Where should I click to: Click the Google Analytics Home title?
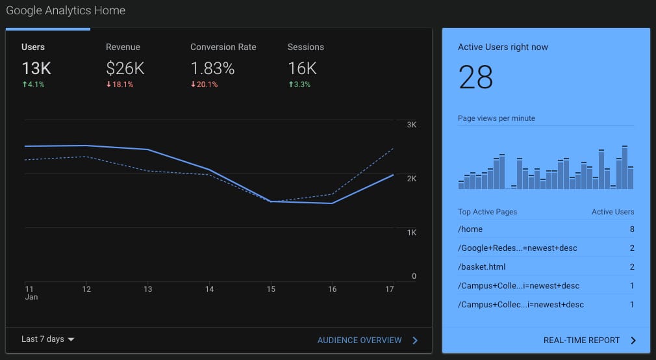pos(66,10)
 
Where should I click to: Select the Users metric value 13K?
pos(36,68)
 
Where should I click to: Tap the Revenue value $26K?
pos(125,68)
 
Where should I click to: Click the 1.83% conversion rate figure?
pos(212,68)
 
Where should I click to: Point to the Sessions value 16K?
pos(303,68)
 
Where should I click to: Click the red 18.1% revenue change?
pos(120,84)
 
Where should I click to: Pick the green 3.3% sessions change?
pos(299,84)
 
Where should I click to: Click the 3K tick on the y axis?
pos(412,125)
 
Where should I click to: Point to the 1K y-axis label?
pos(412,233)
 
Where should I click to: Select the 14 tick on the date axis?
pos(209,289)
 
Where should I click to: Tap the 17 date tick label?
pos(390,289)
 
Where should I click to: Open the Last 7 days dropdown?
pos(47,339)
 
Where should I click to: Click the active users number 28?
pos(475,77)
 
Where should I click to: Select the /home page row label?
pos(470,229)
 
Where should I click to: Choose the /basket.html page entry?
pos(481,266)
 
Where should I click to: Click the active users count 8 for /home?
pos(632,229)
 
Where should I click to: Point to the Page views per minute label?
pos(497,118)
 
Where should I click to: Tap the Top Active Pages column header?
pos(487,212)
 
